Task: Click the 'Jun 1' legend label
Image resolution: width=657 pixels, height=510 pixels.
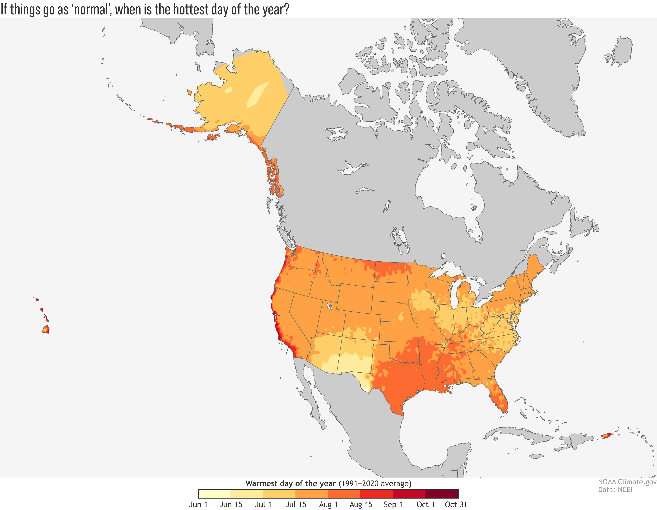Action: click(x=198, y=505)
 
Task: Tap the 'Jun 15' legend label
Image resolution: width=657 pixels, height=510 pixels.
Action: click(x=231, y=505)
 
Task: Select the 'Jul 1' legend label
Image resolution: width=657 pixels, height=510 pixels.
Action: click(x=263, y=505)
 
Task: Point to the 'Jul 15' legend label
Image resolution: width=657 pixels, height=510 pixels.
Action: click(x=296, y=505)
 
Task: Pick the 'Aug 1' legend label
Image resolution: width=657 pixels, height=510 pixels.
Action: click(x=328, y=505)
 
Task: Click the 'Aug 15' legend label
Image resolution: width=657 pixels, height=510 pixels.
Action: click(x=361, y=505)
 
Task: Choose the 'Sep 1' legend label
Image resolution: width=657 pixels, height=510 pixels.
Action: click(x=393, y=505)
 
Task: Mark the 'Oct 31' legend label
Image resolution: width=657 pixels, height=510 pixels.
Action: click(x=456, y=505)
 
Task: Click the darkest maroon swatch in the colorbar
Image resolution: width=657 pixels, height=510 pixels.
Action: click(x=442, y=494)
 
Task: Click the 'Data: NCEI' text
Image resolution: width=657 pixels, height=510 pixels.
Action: click(x=615, y=490)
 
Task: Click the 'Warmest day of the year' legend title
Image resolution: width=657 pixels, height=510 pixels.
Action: click(x=290, y=484)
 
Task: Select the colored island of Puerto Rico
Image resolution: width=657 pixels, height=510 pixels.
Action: click(x=606, y=435)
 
